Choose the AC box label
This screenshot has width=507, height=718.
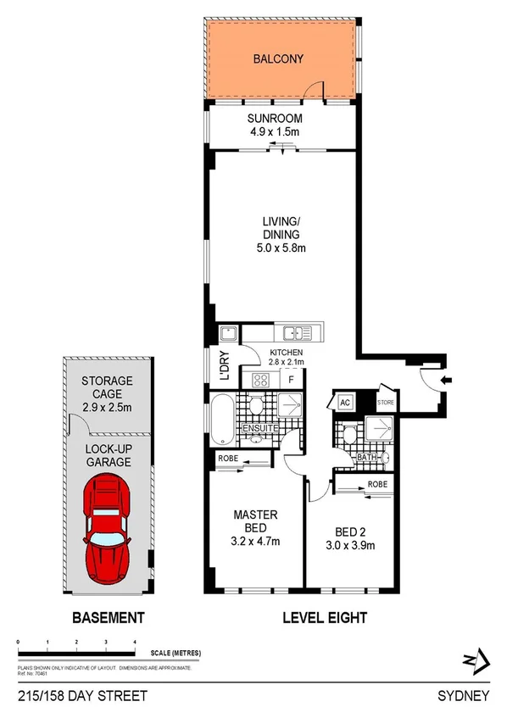coord(345,403)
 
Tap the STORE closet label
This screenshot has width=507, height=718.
coord(386,403)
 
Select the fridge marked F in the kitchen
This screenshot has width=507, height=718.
coord(290,380)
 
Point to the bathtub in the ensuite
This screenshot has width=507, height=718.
coord(221,421)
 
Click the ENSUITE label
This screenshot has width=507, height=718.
coord(260,429)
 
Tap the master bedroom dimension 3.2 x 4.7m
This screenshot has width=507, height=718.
coord(256,541)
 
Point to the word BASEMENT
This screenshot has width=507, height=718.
coord(108,618)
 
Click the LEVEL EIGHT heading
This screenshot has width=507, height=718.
coord(324,618)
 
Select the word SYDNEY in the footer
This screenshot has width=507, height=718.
coord(464,696)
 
